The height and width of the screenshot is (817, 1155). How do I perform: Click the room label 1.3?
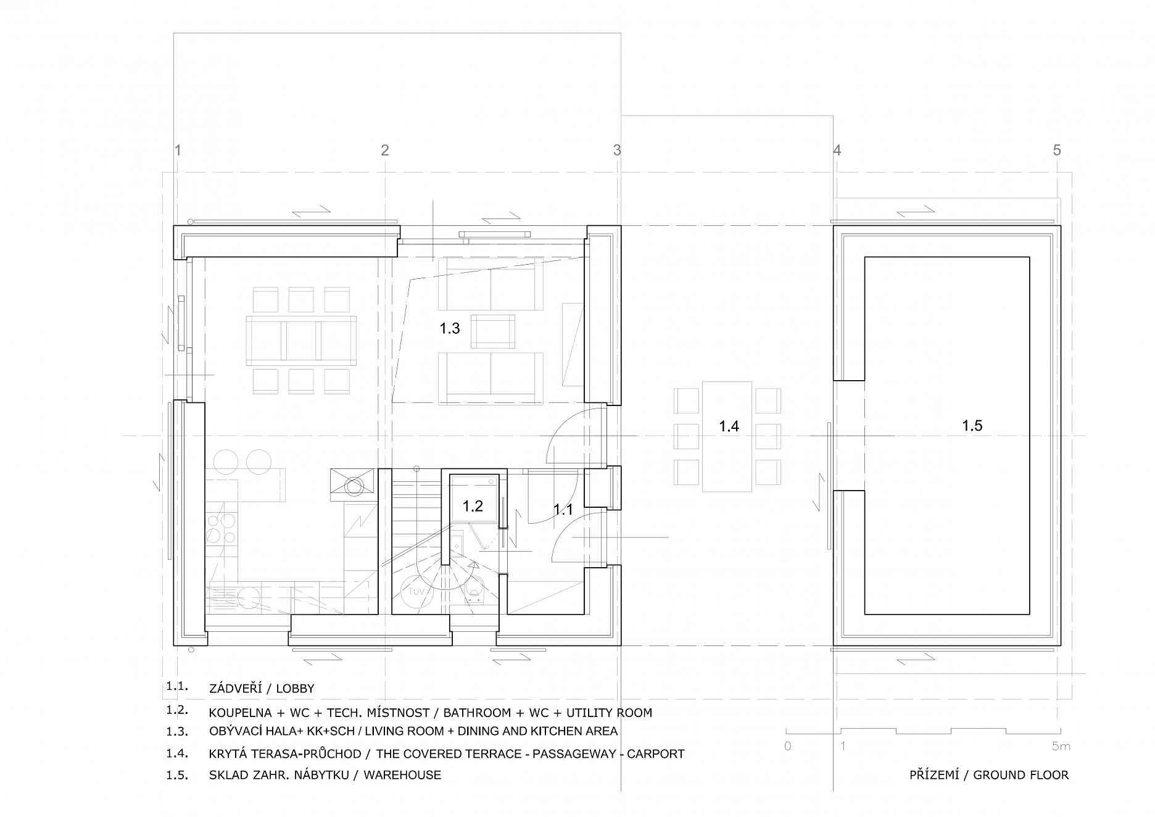coord(450,328)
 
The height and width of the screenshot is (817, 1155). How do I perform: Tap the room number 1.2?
coord(473,506)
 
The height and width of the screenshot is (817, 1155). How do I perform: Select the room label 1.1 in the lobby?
coord(563,510)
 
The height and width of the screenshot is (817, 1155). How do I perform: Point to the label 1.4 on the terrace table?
coord(729,426)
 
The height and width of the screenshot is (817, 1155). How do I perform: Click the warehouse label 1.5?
coord(972,425)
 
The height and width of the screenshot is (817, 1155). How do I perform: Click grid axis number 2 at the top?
coord(385,150)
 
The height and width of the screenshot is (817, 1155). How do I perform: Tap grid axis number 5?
coord(1057,150)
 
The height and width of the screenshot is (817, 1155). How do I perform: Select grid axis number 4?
coord(837,150)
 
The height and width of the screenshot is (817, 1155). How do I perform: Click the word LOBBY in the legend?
coord(295,689)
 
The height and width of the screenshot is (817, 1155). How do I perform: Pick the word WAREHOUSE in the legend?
coord(402,775)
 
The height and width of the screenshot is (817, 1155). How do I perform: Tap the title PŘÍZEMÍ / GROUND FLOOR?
coord(989,775)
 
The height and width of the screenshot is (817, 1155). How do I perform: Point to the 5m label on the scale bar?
coord(1061,746)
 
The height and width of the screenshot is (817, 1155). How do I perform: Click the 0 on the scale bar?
coord(788,746)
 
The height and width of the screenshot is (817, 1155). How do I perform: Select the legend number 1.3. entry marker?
coord(177,731)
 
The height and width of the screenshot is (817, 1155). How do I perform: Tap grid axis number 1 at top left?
coord(178,150)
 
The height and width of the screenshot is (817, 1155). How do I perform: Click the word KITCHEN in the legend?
coord(562,731)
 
